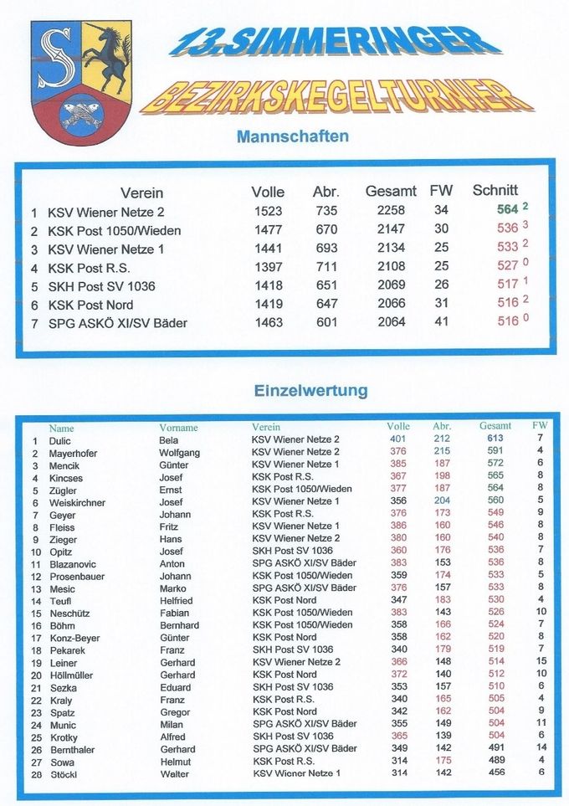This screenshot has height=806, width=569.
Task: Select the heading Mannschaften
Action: [293, 136]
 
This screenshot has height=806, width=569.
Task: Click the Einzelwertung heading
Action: [311, 390]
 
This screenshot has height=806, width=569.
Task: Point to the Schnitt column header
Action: [495, 190]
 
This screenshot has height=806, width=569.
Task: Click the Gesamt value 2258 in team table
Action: [391, 210]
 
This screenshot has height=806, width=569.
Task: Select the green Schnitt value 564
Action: [507, 209]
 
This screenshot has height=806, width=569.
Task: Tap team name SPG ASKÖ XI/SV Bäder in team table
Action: [118, 323]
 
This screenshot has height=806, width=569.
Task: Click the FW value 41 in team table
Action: [441, 321]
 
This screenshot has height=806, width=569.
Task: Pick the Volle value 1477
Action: [269, 228]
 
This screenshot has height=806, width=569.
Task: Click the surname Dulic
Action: [59, 441]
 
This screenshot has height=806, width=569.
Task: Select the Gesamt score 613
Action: [495, 438]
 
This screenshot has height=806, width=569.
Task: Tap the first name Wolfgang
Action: [179, 453]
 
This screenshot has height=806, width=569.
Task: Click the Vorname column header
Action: [178, 428]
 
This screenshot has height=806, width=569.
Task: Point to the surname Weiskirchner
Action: [77, 503]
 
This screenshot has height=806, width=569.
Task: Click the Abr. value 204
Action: [442, 501]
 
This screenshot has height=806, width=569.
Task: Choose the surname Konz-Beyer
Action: [75, 639]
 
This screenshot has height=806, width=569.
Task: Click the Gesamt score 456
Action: [496, 772]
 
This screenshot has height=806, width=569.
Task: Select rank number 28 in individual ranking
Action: [36, 775]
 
